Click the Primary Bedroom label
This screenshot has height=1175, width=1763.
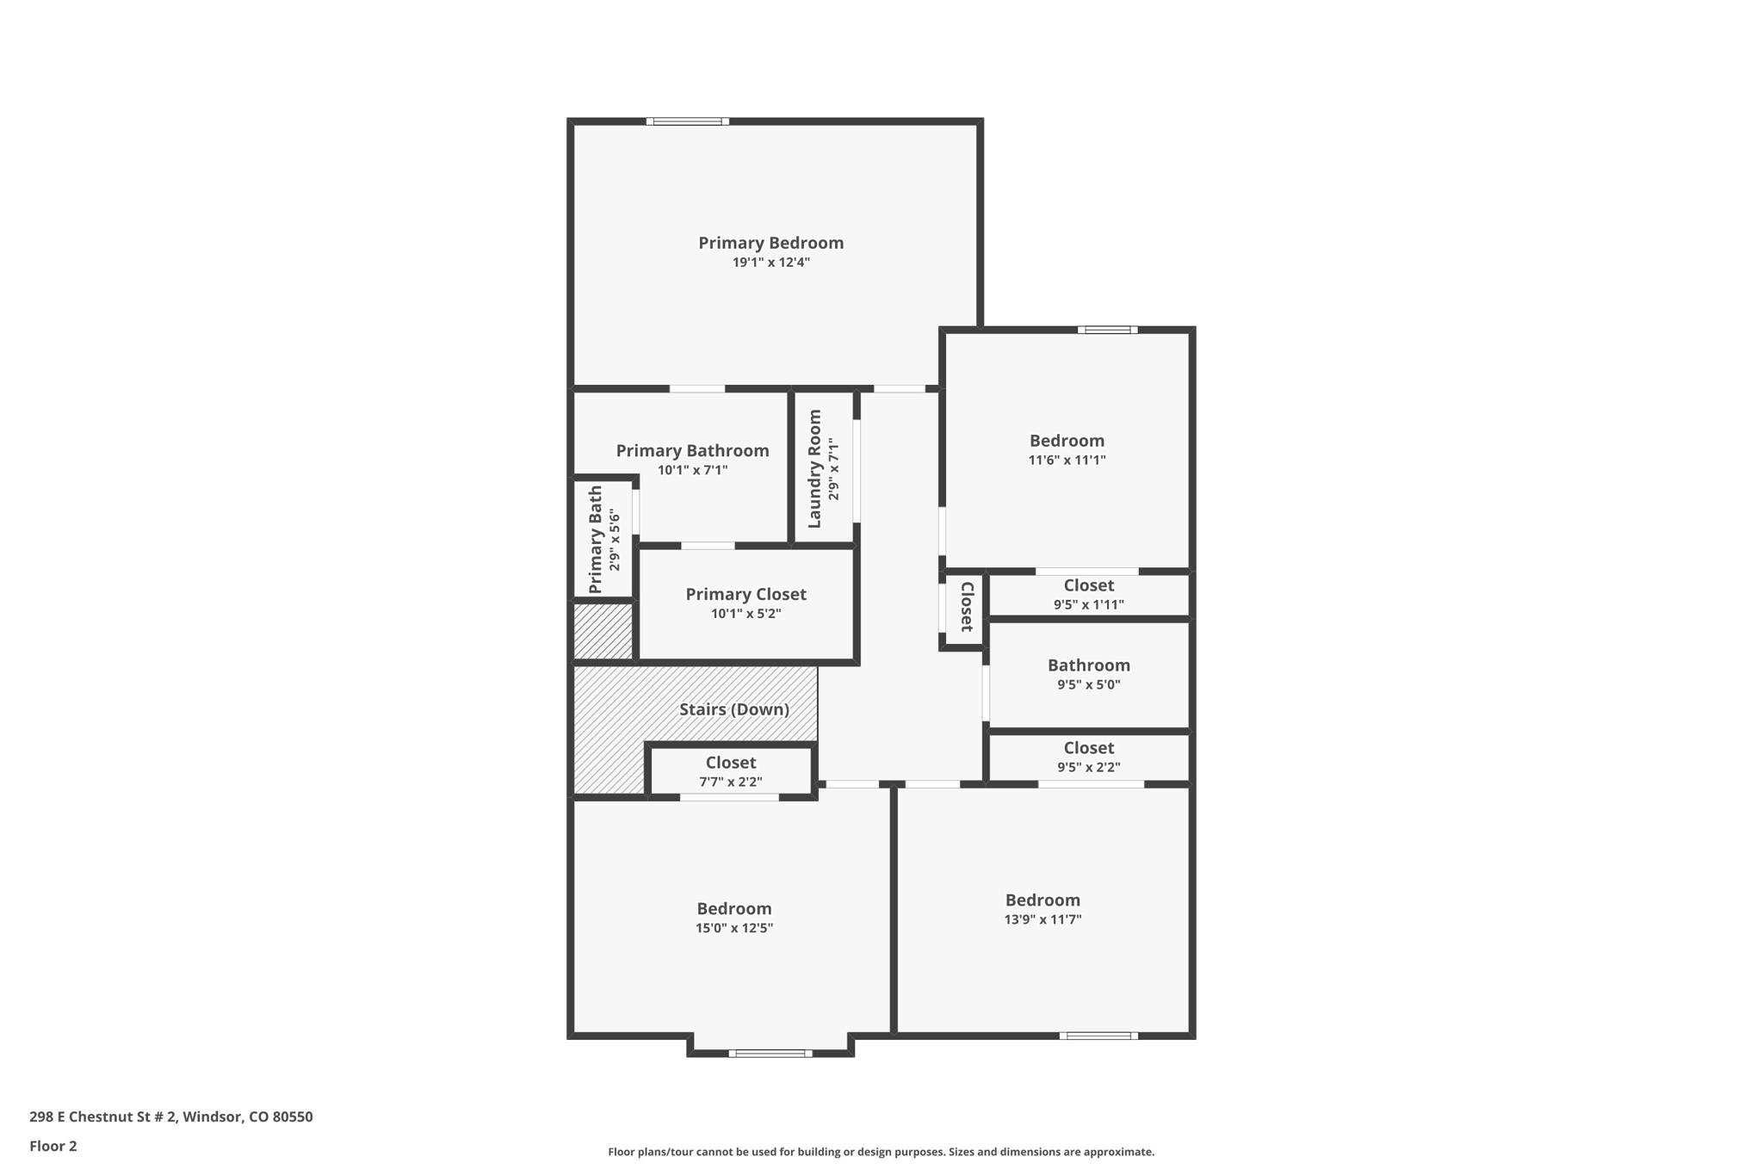pos(770,243)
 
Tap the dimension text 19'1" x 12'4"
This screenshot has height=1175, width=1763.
pos(770,263)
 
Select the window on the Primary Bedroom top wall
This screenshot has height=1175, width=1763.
pos(687,121)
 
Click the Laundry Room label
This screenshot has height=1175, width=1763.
pos(814,469)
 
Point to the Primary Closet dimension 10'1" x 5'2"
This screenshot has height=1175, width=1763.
pos(745,614)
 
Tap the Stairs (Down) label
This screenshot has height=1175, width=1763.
pos(734,709)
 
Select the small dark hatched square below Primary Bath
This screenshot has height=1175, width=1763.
pos(603,632)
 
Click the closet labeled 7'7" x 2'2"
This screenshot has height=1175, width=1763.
pos(730,771)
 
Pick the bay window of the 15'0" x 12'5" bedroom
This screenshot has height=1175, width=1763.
pos(770,1053)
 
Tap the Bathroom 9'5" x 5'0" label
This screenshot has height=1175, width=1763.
pos(1088,665)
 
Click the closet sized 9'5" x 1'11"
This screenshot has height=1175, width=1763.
pos(1088,595)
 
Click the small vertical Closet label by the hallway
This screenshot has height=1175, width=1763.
pos(966,607)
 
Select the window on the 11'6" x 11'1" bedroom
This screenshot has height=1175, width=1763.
pos(1107,330)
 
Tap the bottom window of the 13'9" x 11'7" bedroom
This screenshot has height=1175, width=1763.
pos(1098,1036)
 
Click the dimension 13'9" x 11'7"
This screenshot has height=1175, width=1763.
pos(1042,919)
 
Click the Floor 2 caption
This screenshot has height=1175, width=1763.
pos(53,1146)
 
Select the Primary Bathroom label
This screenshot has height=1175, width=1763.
pos(692,451)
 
